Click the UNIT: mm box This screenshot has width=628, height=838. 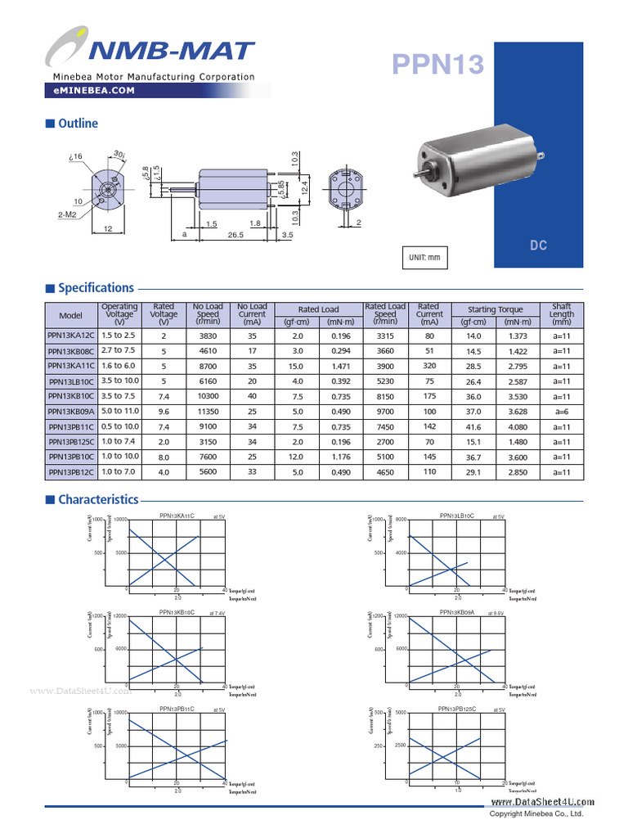424,258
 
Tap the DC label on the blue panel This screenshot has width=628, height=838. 538,246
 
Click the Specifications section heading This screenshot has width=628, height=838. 96,288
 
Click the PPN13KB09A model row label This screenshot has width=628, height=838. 71,411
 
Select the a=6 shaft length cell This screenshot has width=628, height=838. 562,411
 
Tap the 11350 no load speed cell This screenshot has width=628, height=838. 208,411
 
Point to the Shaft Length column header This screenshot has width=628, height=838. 562,314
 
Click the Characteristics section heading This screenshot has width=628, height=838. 98,499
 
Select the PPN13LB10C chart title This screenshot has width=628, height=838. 457,516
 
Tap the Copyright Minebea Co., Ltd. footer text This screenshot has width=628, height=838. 536,814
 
